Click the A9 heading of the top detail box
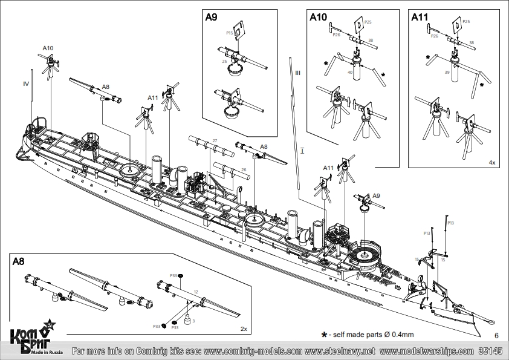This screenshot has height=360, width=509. pos(211,18)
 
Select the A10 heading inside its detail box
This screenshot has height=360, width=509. pos(318,18)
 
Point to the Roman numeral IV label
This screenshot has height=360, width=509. pos(26,83)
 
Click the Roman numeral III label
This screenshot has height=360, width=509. pos(297,73)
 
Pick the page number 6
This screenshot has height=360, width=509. pos(496,335)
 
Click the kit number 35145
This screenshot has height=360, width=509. pos(490,351)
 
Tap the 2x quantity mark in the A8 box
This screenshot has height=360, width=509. pos(244,329)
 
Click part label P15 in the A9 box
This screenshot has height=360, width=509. pos(229,33)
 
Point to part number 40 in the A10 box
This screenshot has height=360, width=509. pos(350,72)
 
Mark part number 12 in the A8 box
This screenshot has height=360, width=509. pos(195,292)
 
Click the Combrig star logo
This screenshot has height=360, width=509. pos(49,325)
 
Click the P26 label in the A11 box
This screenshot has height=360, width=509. pos(434,36)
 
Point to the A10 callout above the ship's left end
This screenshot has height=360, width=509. pos(48,47)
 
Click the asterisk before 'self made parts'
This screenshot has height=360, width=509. pos(324,334)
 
